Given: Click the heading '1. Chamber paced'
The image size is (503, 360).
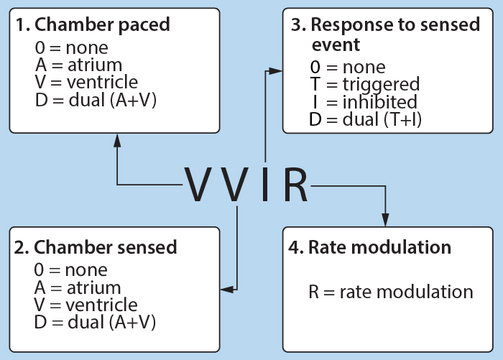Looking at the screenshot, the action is click(x=93, y=24).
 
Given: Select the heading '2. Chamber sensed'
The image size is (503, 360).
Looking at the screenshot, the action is click(x=96, y=247).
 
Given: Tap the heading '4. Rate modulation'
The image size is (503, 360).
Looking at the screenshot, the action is click(x=370, y=247).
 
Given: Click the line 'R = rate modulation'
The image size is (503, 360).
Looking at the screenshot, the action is click(x=391, y=292).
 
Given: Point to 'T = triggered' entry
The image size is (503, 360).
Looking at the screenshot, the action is click(x=365, y=84).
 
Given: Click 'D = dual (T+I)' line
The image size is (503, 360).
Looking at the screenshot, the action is click(x=365, y=119).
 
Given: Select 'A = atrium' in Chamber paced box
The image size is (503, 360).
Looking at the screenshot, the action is click(x=78, y=65).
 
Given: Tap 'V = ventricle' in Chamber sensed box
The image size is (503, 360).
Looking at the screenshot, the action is click(x=86, y=305).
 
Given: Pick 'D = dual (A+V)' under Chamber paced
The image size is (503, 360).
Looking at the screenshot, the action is click(x=96, y=100).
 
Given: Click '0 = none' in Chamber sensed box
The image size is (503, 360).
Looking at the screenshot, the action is click(x=71, y=270).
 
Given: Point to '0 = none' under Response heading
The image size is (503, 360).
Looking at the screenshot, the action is click(x=348, y=67).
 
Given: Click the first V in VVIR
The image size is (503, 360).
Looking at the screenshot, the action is click(x=196, y=184).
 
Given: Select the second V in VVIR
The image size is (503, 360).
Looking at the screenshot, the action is click(x=236, y=184).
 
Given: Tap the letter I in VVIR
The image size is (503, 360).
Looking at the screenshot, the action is click(x=265, y=184).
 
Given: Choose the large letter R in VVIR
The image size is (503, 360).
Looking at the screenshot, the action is click(x=295, y=184).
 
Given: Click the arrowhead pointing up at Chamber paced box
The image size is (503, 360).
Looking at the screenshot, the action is click(x=117, y=141).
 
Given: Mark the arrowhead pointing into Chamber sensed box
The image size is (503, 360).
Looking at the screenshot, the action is click(x=228, y=290).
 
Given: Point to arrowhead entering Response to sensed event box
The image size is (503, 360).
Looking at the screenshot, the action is click(x=275, y=71).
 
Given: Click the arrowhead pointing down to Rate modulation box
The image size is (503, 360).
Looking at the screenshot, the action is click(x=385, y=220).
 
